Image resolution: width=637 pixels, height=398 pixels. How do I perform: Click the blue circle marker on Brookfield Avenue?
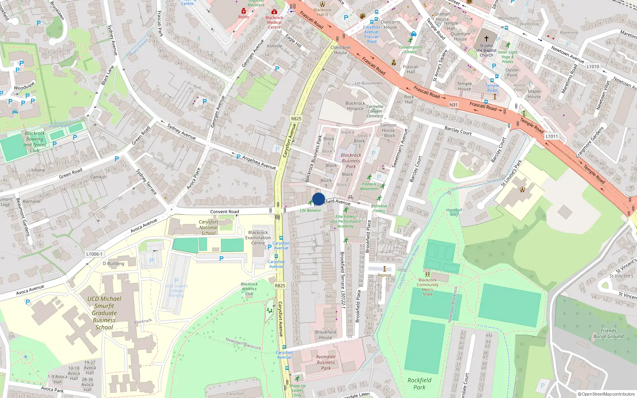pos(318,199)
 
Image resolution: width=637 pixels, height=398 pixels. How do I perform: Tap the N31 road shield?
pos(453,105)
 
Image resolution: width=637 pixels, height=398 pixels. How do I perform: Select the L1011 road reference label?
pos(552,136)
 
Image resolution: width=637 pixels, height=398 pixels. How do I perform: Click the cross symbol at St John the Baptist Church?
pos(486,39)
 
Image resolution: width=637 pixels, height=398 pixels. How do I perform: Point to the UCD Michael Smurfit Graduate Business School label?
pos(104,313)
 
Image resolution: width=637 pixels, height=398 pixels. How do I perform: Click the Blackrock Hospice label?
pos(355,106)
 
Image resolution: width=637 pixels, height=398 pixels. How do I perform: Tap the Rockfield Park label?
pos(419,384)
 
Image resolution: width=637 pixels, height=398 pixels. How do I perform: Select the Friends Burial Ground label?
pos(608,334)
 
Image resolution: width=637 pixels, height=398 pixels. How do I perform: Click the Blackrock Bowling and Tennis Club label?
pos(35,142)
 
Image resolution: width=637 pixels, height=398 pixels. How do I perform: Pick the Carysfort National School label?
pos(209,228)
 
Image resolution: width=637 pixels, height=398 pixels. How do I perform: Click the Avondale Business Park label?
pos(326,362)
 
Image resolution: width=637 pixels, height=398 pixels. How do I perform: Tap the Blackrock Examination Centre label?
pos(258,238)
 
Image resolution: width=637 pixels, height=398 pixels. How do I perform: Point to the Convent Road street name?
pos(225,212)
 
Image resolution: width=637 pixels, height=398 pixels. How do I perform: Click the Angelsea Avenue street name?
pos(259,162)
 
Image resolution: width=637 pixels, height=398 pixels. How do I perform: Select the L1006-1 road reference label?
pos(94,254)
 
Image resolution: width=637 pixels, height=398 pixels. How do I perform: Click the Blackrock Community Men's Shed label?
pos(428,287)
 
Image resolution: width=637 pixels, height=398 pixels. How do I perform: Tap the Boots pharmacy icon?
pos(244,11)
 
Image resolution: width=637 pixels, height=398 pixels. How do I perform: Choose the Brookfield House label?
pos(326,335)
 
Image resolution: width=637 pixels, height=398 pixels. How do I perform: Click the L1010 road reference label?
pos(593,66)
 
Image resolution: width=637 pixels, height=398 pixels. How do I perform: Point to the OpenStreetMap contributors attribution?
pos(606,394)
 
